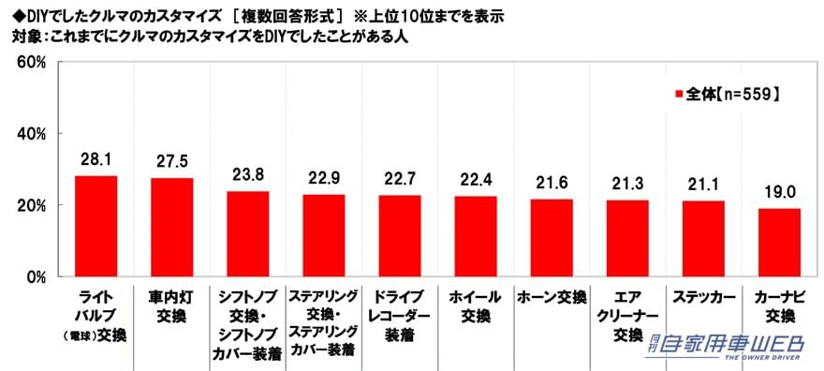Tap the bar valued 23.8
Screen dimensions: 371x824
coord(247,233)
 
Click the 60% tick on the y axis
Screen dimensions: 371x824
coord(34,62)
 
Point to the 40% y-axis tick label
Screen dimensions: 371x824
coord(34,134)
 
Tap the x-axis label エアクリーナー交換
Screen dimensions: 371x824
coord(626,315)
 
